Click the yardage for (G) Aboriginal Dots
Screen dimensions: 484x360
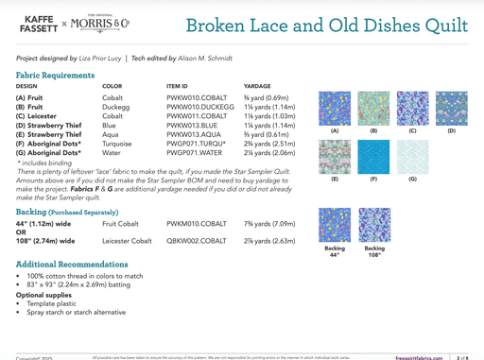[x=269, y=152]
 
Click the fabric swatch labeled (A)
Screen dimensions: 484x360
[x=335, y=109]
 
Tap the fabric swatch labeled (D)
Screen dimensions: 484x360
[x=451, y=109]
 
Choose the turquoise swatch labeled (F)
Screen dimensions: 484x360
[x=373, y=157]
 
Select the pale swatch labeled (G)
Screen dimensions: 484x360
[x=412, y=157]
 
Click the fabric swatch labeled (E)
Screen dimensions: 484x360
[x=335, y=157]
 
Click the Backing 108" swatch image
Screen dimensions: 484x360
[x=374, y=225]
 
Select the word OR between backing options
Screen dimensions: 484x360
[x=22, y=232]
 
